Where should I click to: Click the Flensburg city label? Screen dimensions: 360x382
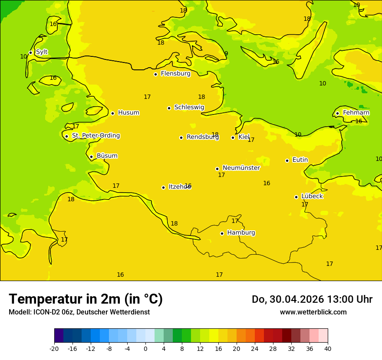coord(175,74)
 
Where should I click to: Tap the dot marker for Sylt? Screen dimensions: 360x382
coord(30,52)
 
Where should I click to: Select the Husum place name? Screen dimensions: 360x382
coord(128,113)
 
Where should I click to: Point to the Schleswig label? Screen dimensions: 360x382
coord(189,107)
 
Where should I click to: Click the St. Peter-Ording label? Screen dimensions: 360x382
coord(95,136)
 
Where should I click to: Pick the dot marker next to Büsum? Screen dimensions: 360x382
coord(91,157)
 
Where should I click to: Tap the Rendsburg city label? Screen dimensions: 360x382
coord(202,137)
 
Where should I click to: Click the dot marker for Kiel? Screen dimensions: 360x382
coord(233,137)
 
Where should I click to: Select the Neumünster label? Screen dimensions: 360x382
coord(241,168)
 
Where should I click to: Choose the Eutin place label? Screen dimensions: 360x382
coord(300,160)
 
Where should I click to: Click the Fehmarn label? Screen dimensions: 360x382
coord(356,113)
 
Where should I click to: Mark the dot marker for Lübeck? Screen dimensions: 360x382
coord(296,197)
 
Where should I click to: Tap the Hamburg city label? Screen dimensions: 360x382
coord(241,233)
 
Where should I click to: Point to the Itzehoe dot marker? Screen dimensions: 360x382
coord(163,187)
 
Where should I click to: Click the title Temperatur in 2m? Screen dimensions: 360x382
coord(86,299)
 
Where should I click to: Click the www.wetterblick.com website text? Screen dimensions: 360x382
coord(313,312)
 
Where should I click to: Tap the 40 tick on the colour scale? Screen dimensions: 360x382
coord(328,348)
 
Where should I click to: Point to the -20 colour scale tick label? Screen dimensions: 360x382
coord(54,348)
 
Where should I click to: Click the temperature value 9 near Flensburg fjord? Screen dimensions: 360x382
coord(226,54)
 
